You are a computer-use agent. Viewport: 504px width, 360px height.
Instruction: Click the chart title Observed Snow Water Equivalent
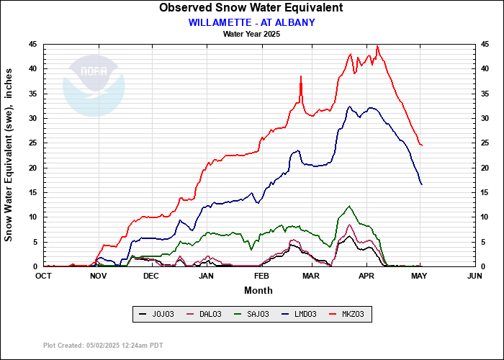pos(251,8)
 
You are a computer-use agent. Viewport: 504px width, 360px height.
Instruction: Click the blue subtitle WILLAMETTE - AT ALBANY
pos(251,22)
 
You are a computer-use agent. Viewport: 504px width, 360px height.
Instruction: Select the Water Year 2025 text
pos(251,33)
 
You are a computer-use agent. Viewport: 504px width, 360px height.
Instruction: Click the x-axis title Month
pos(258,290)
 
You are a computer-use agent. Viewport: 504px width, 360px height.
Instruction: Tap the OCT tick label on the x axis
pos(43,276)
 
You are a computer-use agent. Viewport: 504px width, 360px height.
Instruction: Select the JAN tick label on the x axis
pos(206,276)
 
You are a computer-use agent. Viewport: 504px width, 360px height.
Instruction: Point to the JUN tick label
pos(474,276)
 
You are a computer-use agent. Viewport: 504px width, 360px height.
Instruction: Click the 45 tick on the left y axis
pos(32,44)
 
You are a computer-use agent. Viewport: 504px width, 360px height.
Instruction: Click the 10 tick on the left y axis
pos(32,217)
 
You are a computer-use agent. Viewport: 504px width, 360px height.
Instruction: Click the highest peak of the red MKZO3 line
pos(377,47)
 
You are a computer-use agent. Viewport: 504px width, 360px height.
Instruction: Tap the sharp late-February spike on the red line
pos(301,76)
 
